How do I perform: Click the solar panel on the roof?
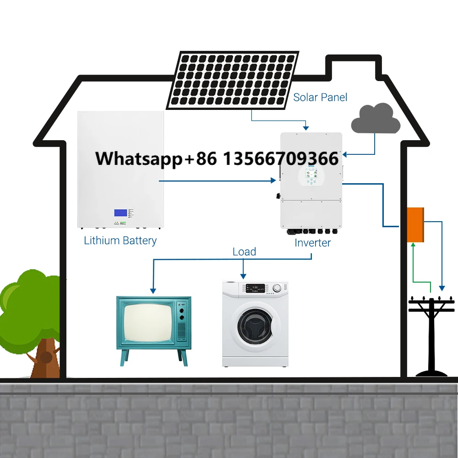click(232, 80)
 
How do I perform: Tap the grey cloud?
click(376, 119)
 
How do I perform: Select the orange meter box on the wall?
click(415, 224)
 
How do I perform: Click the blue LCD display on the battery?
click(121, 213)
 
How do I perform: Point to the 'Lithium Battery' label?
click(120, 240)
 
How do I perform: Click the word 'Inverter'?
click(313, 243)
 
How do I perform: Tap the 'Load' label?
click(244, 252)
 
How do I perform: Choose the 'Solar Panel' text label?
click(320, 97)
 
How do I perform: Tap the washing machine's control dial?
click(277, 288)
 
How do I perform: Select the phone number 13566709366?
click(281, 159)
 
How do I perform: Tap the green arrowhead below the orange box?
click(414, 245)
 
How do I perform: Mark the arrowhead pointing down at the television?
click(153, 290)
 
